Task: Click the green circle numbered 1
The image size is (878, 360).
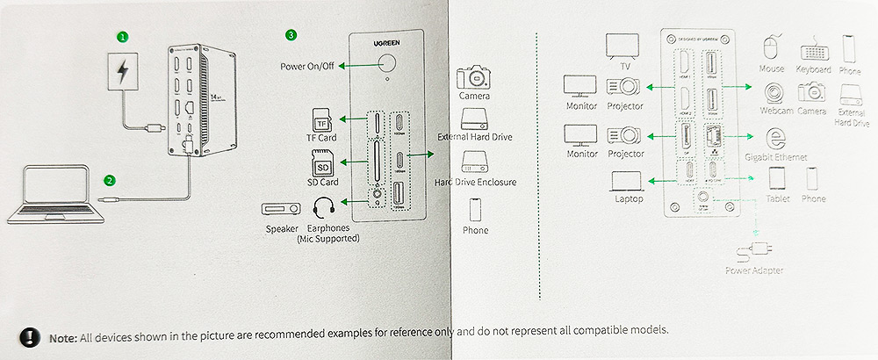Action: tap(123, 37)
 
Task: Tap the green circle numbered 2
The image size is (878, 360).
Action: tap(110, 181)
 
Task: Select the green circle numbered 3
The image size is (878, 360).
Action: tap(291, 36)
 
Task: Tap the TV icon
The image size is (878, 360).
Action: tap(625, 46)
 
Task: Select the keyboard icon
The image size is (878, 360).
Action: tap(813, 49)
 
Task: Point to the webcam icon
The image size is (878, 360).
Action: tap(773, 92)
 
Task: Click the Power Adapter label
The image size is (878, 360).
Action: tap(755, 271)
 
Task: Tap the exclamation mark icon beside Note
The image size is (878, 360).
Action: tap(31, 336)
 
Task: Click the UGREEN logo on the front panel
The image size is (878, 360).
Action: tap(385, 43)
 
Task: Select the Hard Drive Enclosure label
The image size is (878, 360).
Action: tap(475, 182)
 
